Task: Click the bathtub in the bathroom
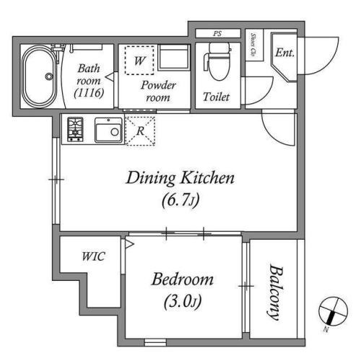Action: coord(40,77)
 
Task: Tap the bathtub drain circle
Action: coord(49,77)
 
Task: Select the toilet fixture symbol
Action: coord(218,61)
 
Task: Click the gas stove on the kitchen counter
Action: coord(75,129)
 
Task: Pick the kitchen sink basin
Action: coord(108,130)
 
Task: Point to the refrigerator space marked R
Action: coord(140,131)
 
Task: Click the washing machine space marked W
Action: coord(139,60)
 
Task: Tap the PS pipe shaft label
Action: coord(217,34)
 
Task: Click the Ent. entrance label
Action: coord(285,53)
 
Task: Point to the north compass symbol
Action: coord(333,312)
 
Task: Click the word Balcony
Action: coord(275,292)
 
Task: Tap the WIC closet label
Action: coord(94,256)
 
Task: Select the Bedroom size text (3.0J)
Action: coord(183,302)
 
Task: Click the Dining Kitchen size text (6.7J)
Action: coord(180,200)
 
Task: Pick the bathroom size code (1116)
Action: coord(89,92)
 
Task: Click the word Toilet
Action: coord(216,97)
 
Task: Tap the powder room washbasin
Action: coord(173,57)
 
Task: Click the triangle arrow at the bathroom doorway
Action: coord(110,77)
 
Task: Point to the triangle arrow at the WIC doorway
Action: coord(129,244)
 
